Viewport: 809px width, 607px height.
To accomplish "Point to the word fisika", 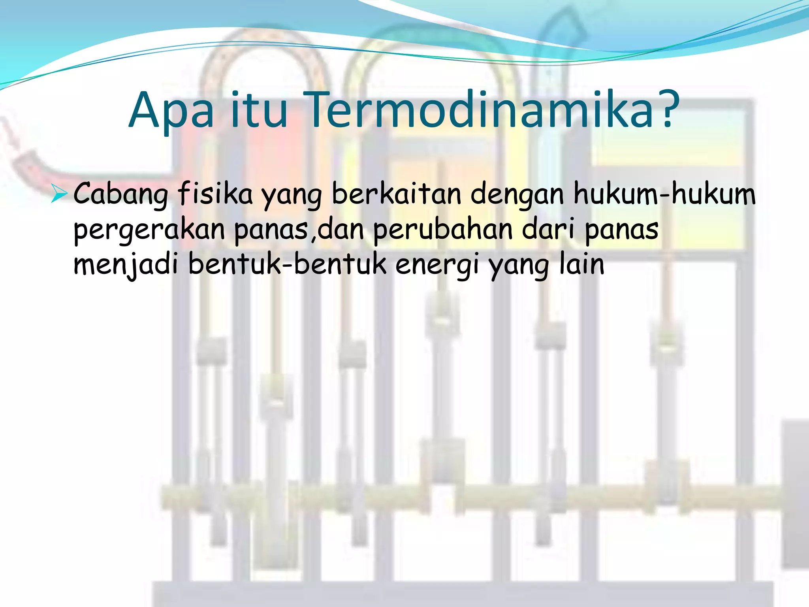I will [x=215, y=194].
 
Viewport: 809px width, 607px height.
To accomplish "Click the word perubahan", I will [x=443, y=229].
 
